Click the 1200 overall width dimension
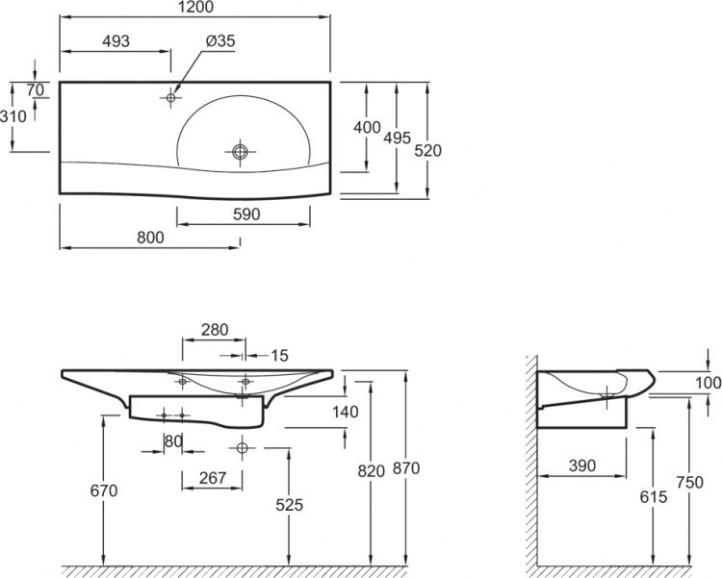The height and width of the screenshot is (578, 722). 194,7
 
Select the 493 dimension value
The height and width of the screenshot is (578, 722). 116,41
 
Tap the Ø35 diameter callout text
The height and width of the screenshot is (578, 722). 220,41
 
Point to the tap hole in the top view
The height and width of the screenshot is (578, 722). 170,97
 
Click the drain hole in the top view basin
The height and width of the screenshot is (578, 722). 240,151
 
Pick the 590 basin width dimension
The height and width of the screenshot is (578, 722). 246,214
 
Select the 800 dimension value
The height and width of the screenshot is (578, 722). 150,238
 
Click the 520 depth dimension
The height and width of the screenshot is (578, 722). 427,150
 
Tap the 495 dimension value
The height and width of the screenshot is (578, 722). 397,138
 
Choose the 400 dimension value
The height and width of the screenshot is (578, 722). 367,127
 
